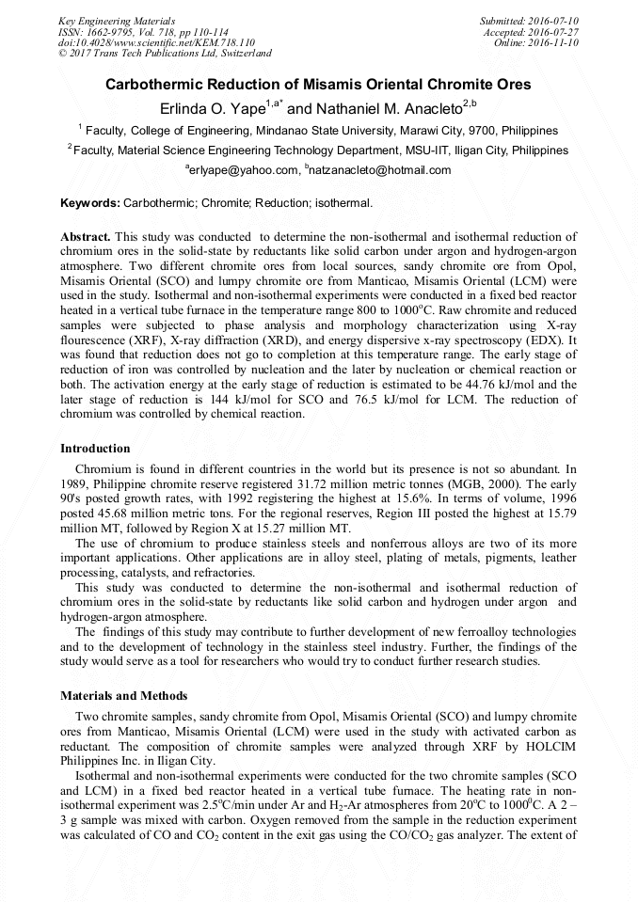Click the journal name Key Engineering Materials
pos(117,21)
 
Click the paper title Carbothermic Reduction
pos(318,85)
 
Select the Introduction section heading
pos(95,449)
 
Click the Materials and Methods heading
pos(123,696)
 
